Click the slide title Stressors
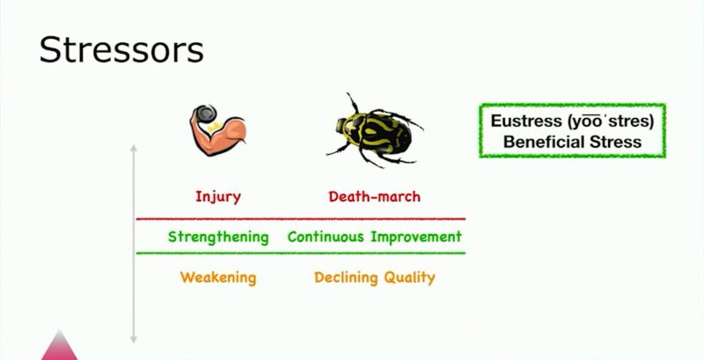121,50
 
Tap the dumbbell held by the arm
206,114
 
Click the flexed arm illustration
217,130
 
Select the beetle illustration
375,130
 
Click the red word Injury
218,197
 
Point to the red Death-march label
375,196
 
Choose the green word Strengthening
218,237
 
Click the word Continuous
326,236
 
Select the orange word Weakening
218,277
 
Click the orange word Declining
340,277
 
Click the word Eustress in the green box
526,121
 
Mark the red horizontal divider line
301,219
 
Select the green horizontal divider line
301,253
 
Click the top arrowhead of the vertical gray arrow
134,147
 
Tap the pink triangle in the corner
60,347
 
